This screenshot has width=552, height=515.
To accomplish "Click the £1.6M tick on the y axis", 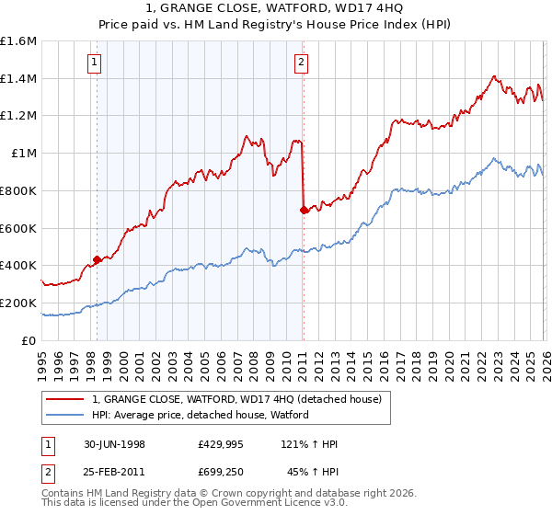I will (17, 41).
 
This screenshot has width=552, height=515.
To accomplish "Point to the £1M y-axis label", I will (22, 154).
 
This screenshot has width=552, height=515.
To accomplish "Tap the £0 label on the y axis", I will (29, 340).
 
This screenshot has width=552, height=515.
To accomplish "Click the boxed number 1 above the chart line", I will (97, 63).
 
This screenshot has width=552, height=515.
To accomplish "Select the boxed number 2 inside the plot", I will (302, 63).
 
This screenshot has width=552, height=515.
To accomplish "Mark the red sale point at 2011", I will (304, 210).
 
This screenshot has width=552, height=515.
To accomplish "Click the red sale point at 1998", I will (98, 260).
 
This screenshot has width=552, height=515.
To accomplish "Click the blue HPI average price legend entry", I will (200, 415).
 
